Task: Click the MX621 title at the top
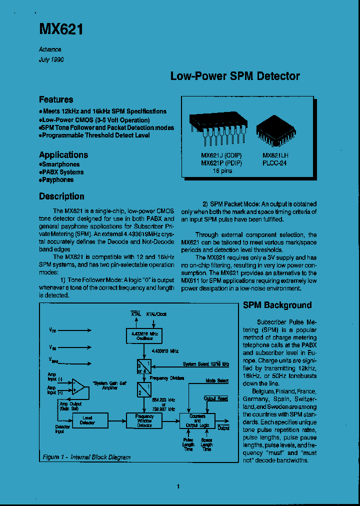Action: point(61,29)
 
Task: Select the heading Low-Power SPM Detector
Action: point(235,76)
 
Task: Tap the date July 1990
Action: point(51,59)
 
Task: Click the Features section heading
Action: point(56,99)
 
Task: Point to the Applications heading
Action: point(63,155)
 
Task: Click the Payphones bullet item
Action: point(56,180)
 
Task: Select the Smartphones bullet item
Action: point(59,164)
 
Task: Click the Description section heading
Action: point(61,196)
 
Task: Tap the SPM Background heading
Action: point(277,305)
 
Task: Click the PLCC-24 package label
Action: point(274,163)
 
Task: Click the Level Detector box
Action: point(87,420)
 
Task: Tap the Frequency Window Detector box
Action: point(144,420)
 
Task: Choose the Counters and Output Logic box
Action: point(197,420)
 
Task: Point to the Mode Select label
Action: point(217,381)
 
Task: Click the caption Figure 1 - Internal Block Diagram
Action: point(86,457)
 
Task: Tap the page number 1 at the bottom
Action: point(178,486)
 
